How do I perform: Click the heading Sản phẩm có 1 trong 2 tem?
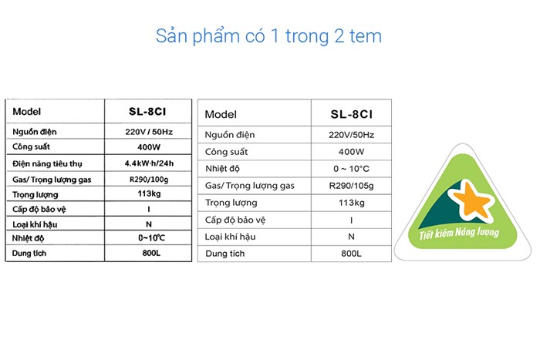[x=268, y=36]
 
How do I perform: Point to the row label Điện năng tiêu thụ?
[x=47, y=163]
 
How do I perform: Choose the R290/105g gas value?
[x=351, y=186]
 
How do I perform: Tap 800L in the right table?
[x=351, y=254]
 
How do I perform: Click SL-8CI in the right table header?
[x=352, y=114]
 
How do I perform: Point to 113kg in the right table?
[x=351, y=203]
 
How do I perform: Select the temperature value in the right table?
[x=351, y=169]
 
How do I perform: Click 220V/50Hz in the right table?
[x=351, y=135]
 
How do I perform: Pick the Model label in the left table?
[x=27, y=111]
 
